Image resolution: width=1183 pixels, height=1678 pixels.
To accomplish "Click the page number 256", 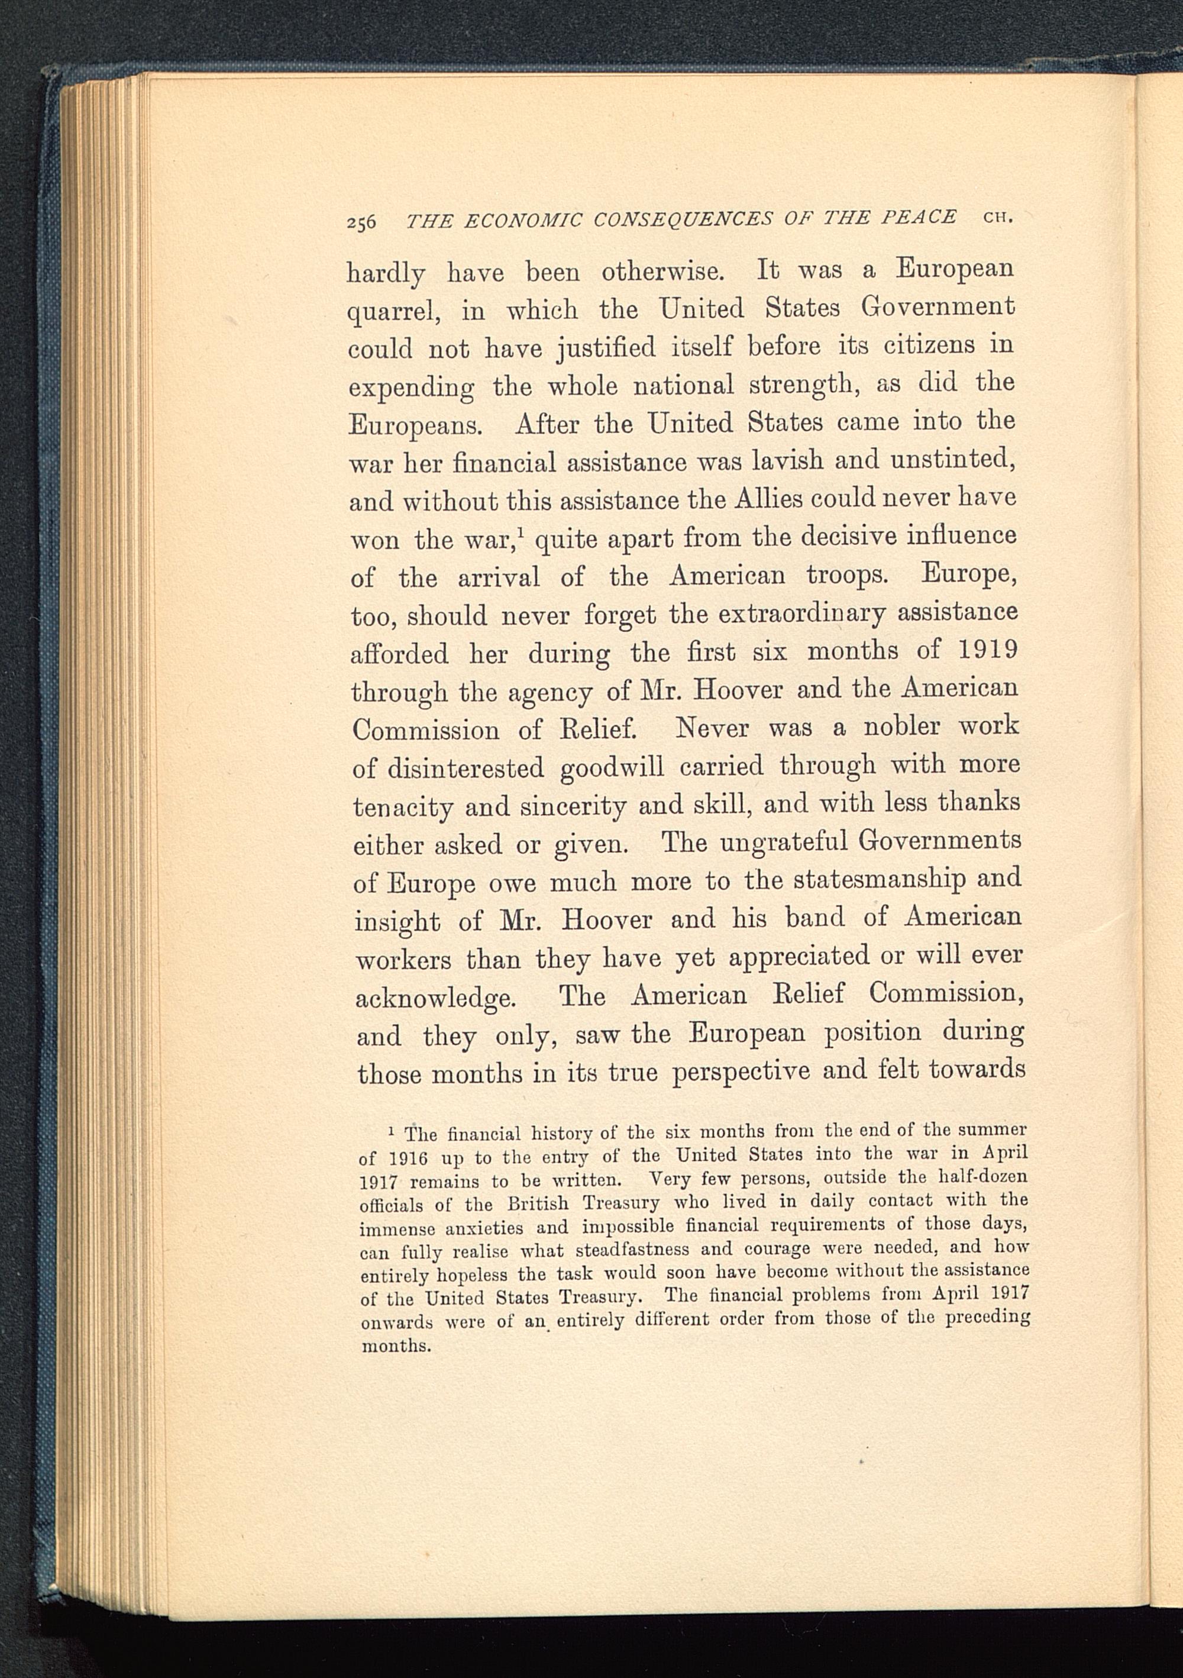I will tap(361, 221).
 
